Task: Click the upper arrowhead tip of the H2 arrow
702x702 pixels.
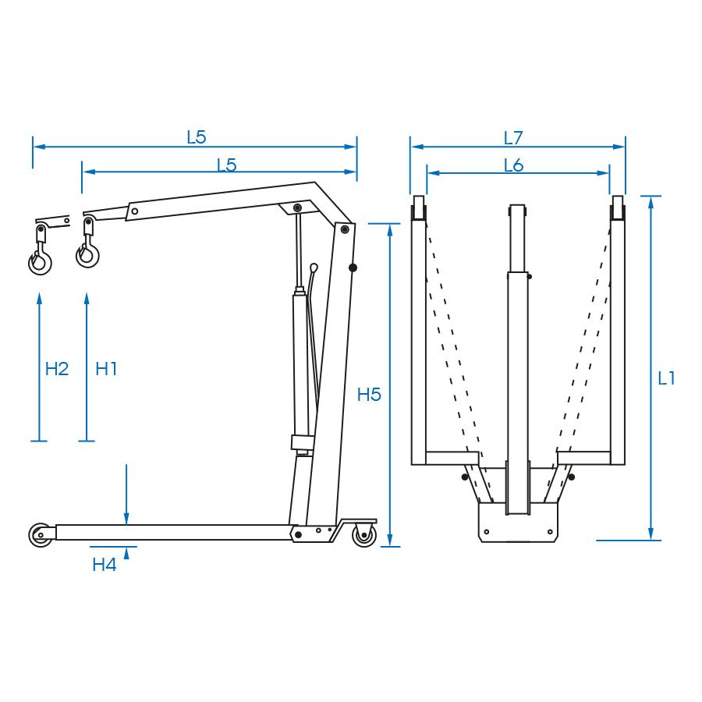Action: (40, 293)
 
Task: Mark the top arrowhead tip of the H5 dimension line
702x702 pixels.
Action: (390, 225)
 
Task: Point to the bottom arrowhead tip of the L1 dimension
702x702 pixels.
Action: (651, 540)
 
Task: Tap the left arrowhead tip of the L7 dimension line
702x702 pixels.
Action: (411, 147)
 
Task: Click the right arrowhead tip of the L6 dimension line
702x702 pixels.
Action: (609, 173)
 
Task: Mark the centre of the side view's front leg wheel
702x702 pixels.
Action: (40, 534)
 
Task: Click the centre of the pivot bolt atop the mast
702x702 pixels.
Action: (345, 229)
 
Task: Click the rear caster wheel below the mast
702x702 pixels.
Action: (364, 535)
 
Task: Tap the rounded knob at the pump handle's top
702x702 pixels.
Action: (314, 268)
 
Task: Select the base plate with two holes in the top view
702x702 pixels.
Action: (518, 522)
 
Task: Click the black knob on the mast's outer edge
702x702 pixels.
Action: (353, 268)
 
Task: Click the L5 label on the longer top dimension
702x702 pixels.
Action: (196, 137)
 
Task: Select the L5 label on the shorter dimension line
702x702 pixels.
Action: (226, 165)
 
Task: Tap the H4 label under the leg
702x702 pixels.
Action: (105, 565)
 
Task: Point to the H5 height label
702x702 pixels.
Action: (369, 395)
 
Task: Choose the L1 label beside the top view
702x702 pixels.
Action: (666, 379)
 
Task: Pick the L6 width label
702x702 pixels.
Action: (513, 165)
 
